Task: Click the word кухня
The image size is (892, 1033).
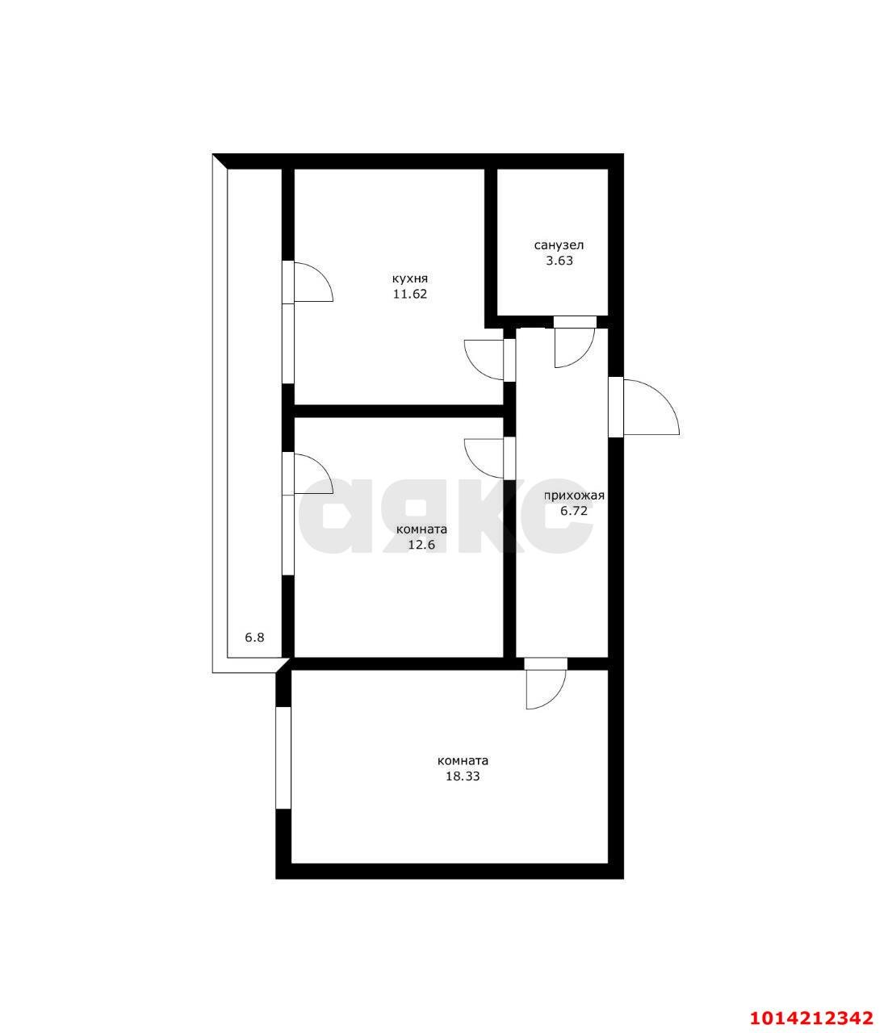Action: pos(410,279)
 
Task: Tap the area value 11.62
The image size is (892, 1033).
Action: pos(410,294)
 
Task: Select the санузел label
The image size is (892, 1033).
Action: pos(559,245)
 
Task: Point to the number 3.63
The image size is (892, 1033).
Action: pos(559,261)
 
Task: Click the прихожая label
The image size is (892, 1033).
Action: pos(575,496)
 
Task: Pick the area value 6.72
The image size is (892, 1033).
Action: pos(573,511)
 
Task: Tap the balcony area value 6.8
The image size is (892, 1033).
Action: pos(254,638)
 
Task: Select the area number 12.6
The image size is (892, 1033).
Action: pos(421,545)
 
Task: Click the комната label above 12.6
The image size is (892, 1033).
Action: pos(421,529)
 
